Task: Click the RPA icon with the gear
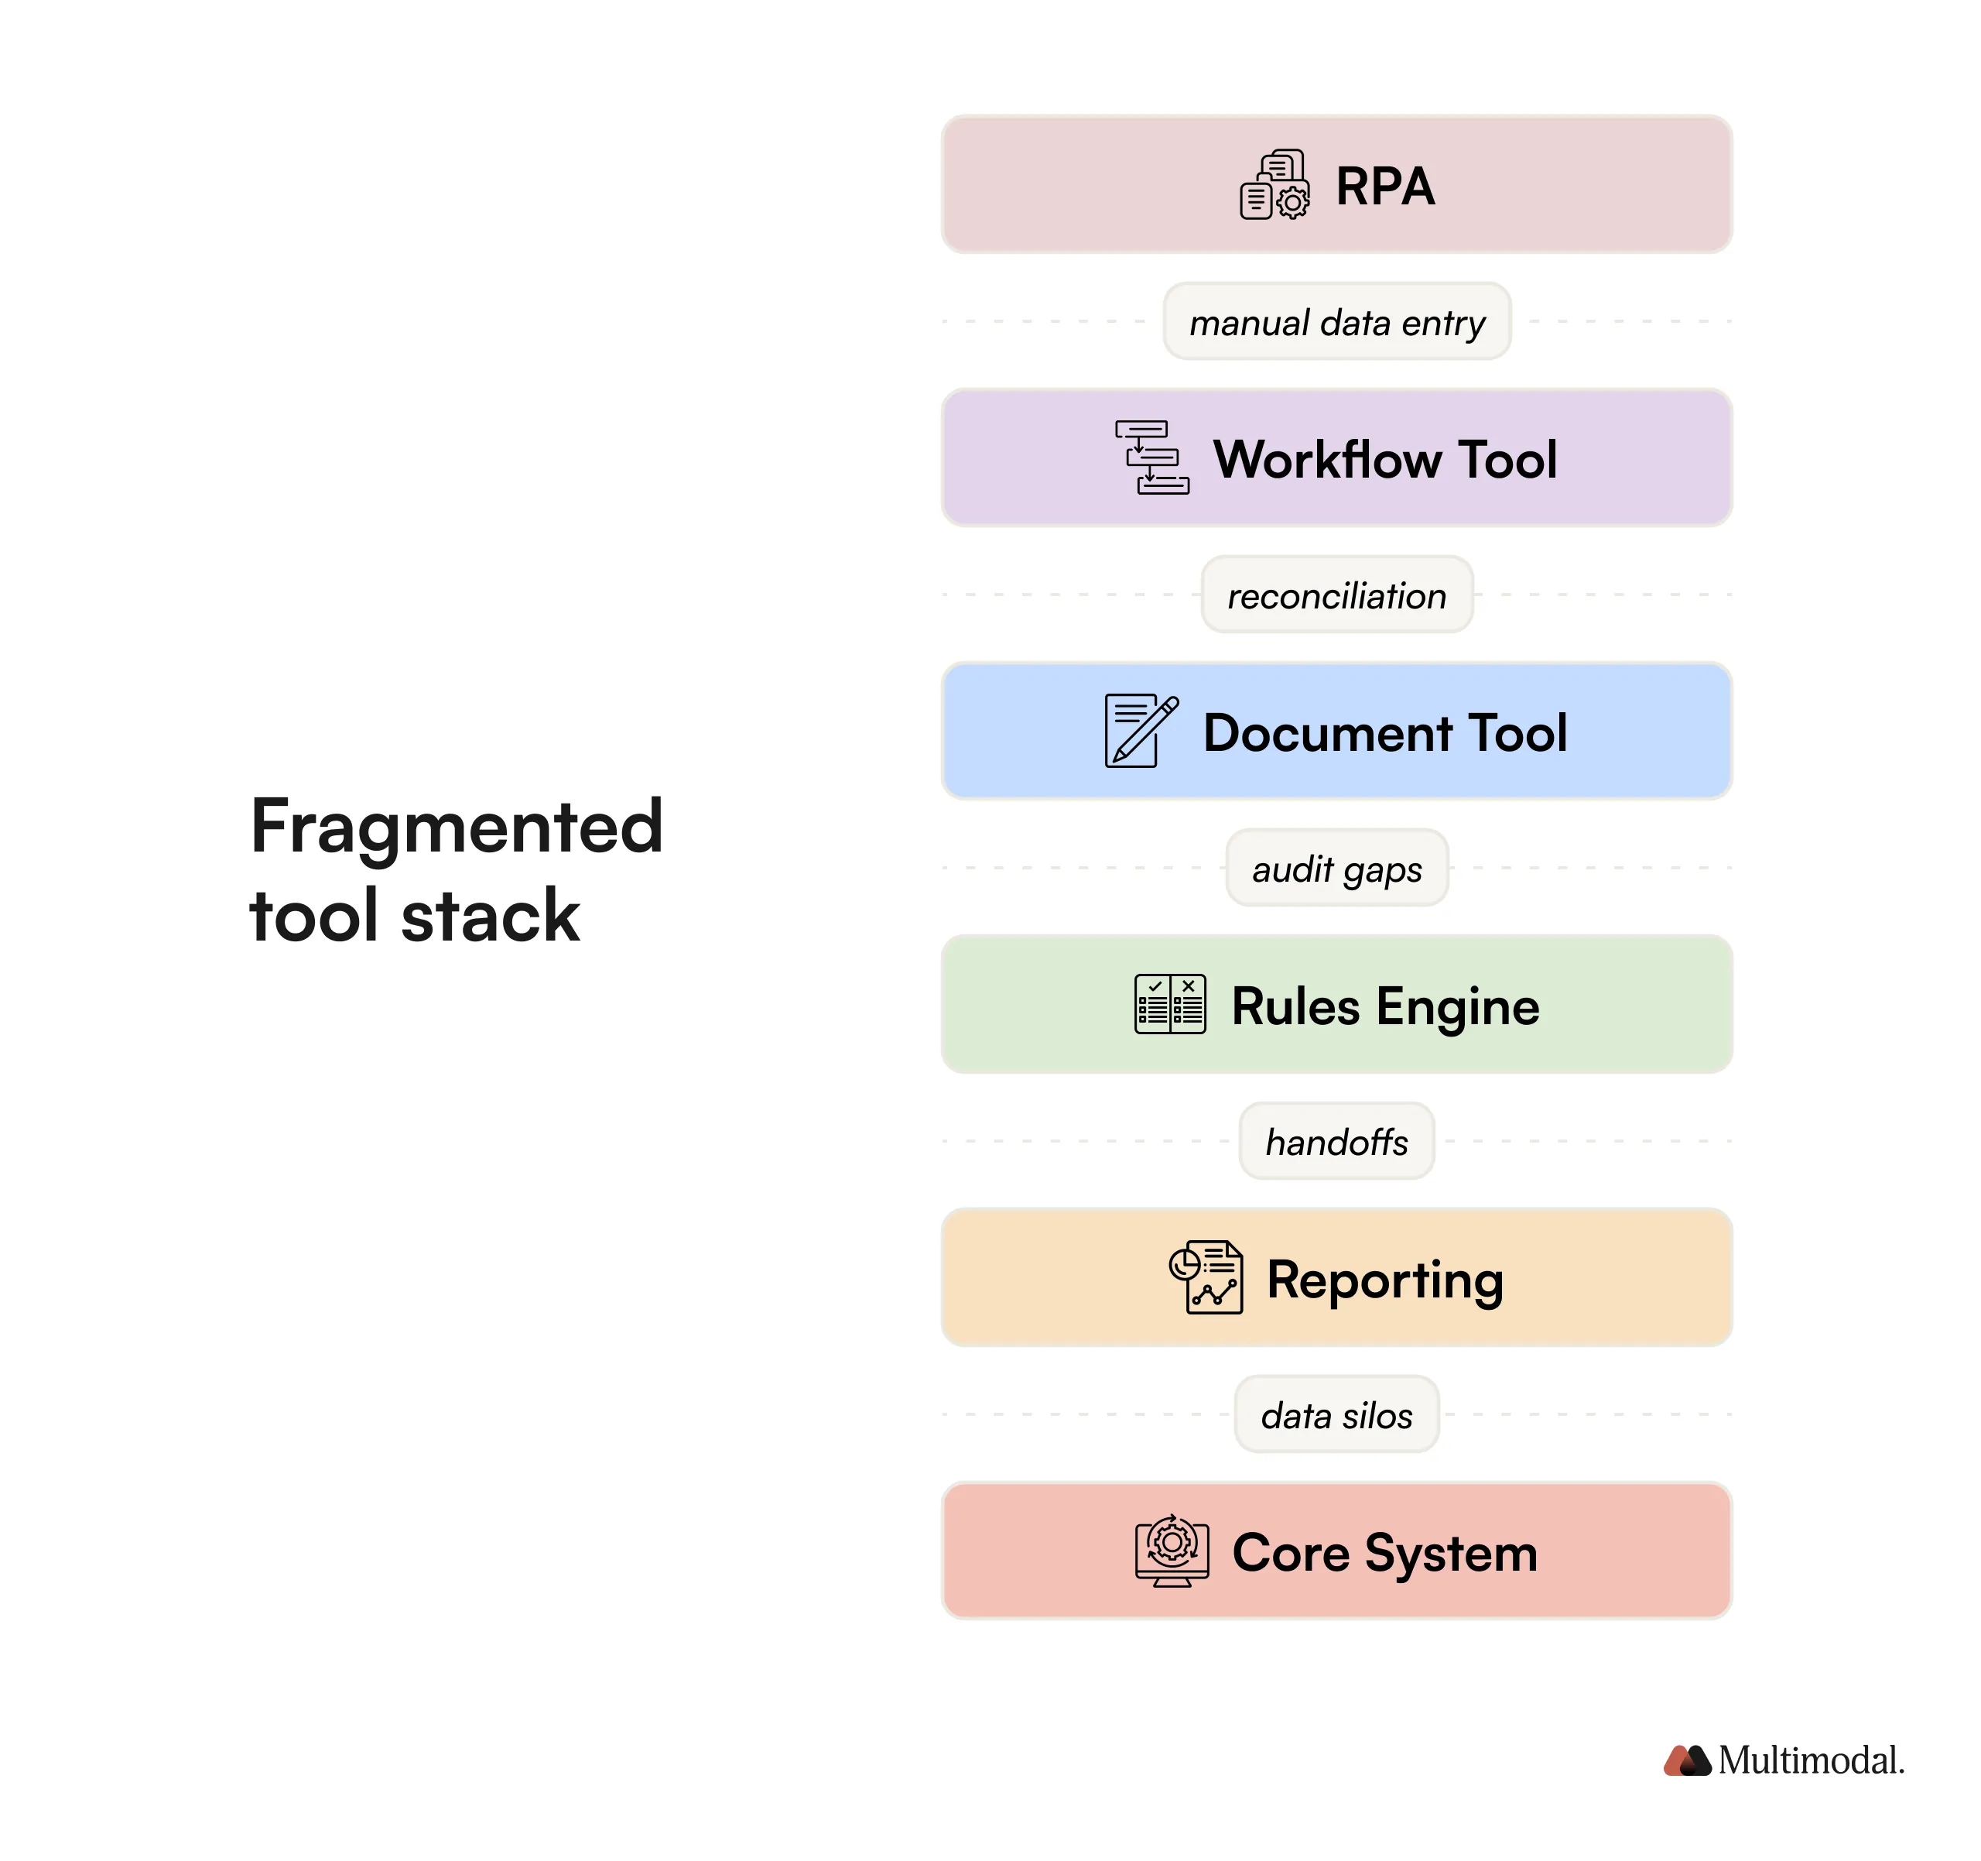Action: (x=1274, y=185)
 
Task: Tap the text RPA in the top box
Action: (x=1384, y=187)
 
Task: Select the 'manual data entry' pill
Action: (x=1336, y=322)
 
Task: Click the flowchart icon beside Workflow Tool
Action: (x=1151, y=458)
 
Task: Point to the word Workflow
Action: (x=1326, y=460)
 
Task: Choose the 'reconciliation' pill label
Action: (x=1336, y=595)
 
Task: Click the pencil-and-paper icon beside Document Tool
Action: (x=1140, y=731)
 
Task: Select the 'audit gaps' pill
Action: (x=1336, y=869)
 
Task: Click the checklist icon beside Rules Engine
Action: (x=1170, y=1004)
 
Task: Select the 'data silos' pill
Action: (x=1336, y=1414)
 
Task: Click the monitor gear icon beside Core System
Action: (x=1172, y=1551)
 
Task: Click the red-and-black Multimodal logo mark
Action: (x=1687, y=1760)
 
